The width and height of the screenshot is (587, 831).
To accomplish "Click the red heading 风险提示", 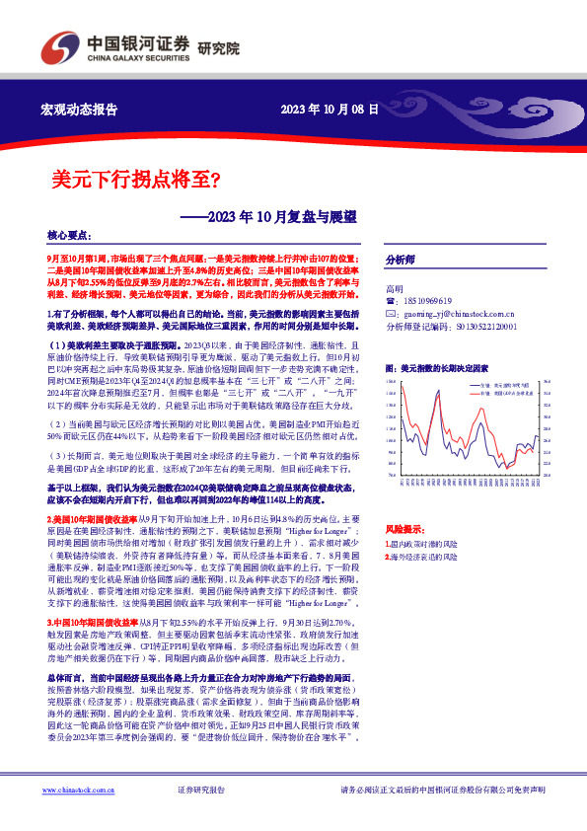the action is pyautogui.click(x=404, y=529).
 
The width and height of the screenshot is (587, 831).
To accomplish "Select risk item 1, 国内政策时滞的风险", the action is pyautogui.click(x=427, y=544).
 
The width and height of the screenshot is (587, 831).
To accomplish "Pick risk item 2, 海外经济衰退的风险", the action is pyautogui.click(x=427, y=557).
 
